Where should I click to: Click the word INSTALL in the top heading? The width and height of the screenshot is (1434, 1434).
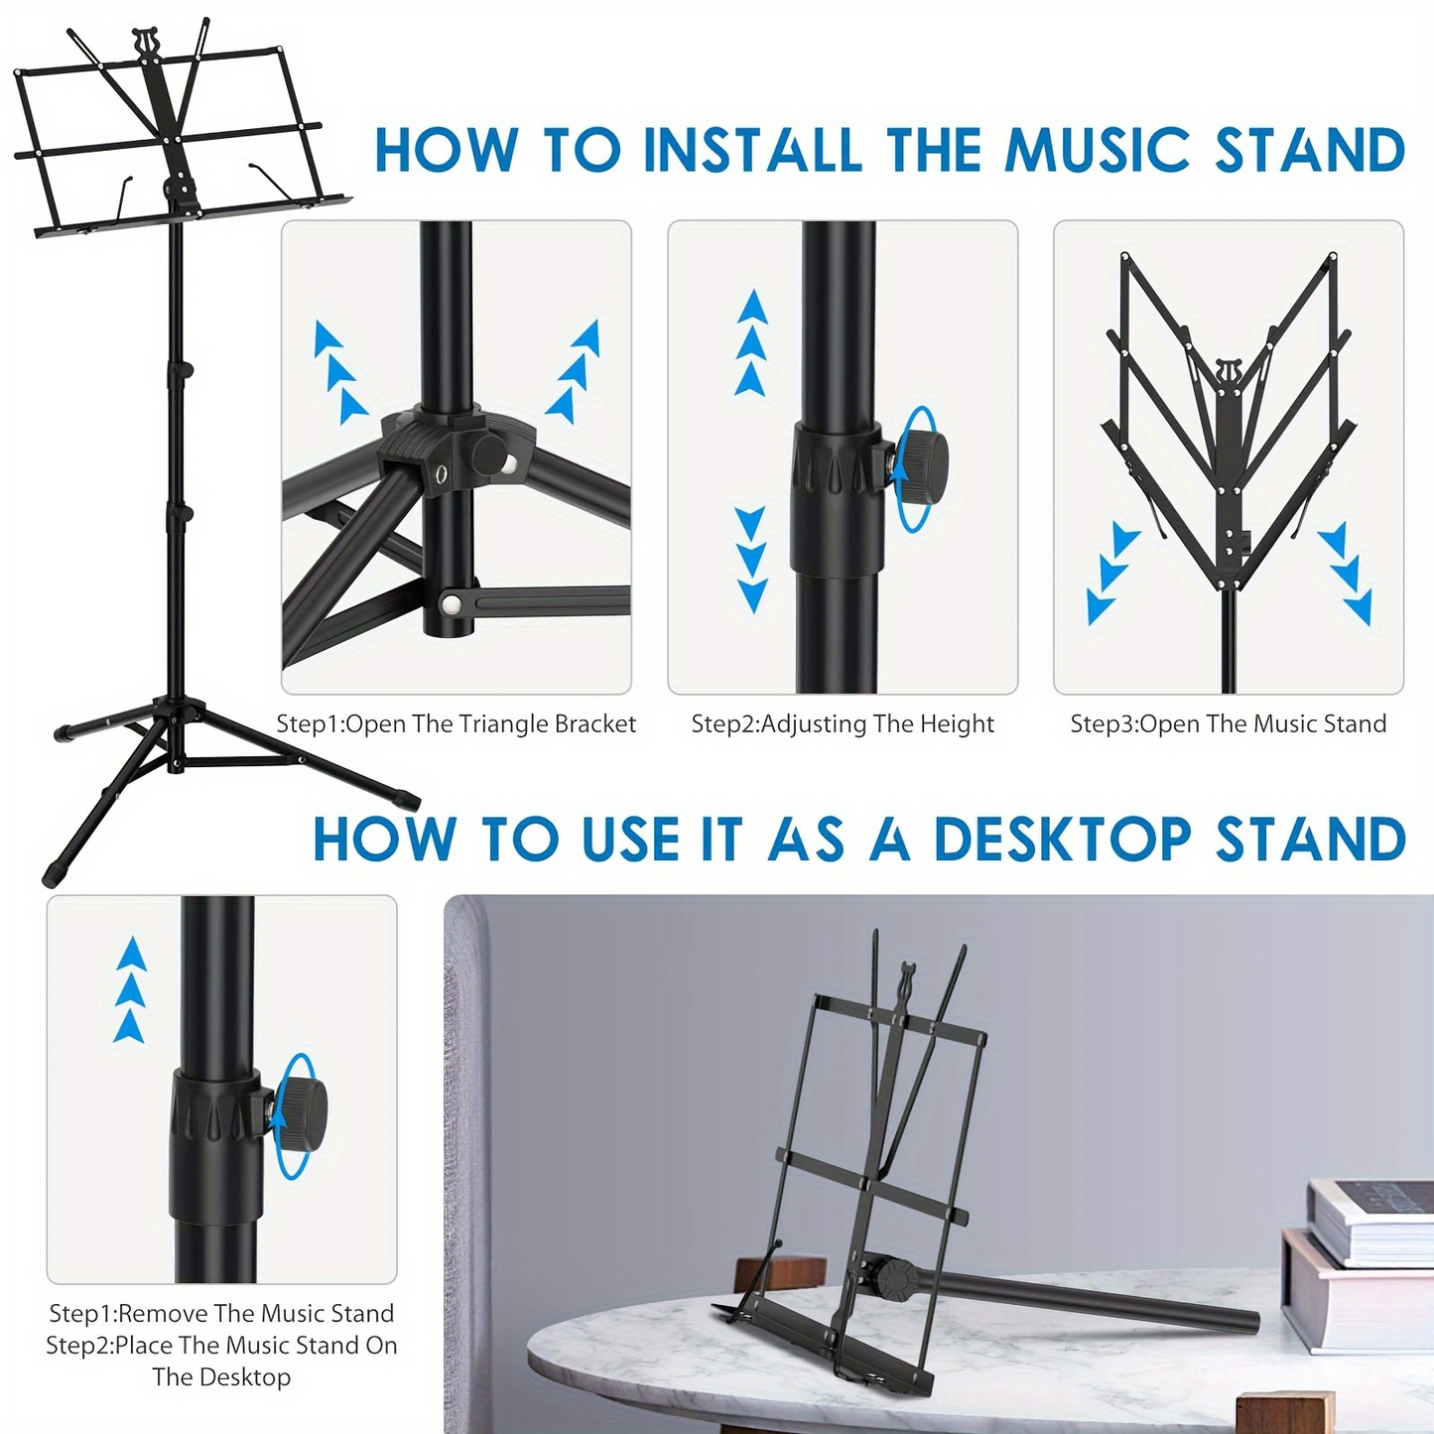[x=753, y=151]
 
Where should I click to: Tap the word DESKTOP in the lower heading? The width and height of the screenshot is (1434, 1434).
[x=1062, y=840]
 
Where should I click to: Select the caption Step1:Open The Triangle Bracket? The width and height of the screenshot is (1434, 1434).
[x=456, y=724]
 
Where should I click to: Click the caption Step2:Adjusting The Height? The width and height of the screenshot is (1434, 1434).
[x=843, y=724]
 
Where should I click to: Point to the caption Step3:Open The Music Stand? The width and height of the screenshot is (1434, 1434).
[x=1228, y=724]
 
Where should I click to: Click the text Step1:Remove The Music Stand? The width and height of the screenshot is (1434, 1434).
[x=221, y=1313]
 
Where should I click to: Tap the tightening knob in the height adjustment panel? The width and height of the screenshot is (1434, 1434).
[x=920, y=463]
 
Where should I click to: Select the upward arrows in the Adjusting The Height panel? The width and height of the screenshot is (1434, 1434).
[x=752, y=342]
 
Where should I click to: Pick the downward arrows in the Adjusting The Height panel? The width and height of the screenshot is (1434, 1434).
[x=752, y=560]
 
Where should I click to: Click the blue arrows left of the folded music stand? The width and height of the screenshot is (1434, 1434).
[x=1111, y=573]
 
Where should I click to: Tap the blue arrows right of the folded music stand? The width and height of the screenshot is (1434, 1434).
[x=1347, y=573]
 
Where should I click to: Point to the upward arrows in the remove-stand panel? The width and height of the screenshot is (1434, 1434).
[x=131, y=989]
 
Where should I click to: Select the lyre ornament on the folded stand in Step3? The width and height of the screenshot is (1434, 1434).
[x=1229, y=375]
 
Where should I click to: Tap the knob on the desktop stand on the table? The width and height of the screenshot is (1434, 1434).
[x=891, y=1278]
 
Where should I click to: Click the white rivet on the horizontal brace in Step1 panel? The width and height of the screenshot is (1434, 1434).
[x=452, y=602]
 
